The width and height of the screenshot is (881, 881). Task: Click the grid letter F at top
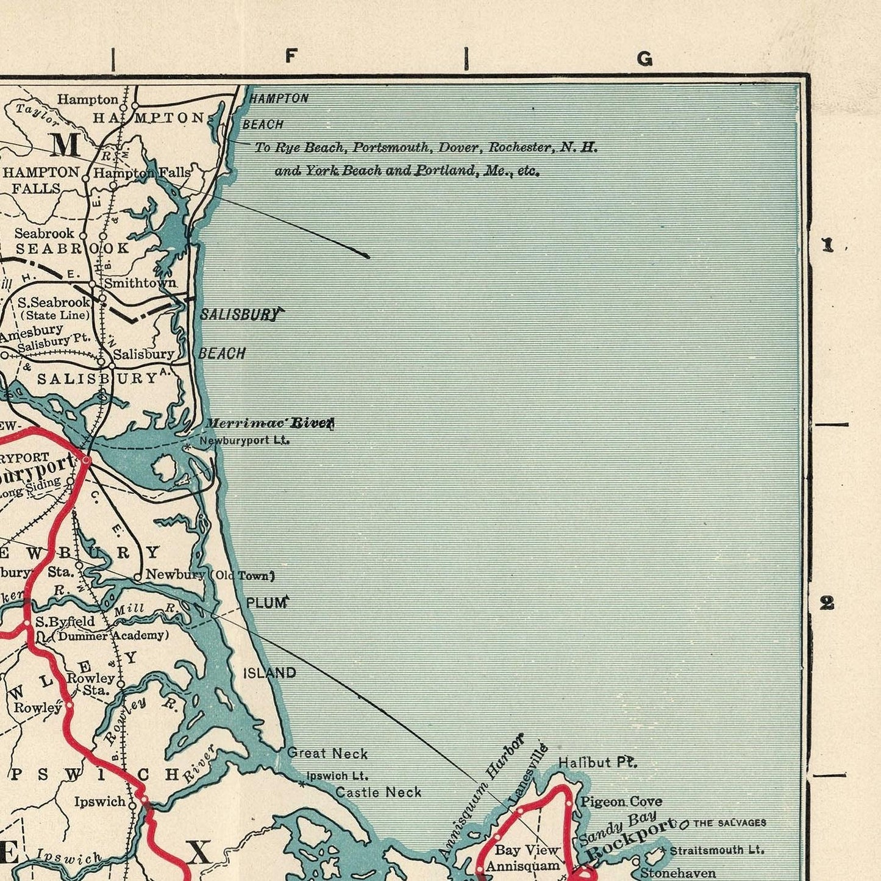(x=291, y=56)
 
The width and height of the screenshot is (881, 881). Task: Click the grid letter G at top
(x=644, y=59)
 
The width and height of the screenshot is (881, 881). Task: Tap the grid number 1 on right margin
(x=827, y=246)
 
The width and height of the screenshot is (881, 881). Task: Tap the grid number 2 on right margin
(x=827, y=604)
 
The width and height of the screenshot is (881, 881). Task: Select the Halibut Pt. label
(x=597, y=762)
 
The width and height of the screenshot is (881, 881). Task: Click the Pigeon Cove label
(x=621, y=802)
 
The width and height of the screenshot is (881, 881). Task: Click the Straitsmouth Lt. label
(x=716, y=850)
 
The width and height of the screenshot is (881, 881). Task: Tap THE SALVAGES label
(x=729, y=823)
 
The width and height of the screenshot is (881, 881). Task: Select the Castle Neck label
(x=379, y=792)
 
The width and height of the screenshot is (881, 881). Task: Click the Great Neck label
(x=327, y=754)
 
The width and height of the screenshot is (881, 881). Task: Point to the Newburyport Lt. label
(x=244, y=440)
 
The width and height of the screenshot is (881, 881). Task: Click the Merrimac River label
(x=269, y=423)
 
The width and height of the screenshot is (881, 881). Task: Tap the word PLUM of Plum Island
(x=266, y=603)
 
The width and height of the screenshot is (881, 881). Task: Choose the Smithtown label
(x=140, y=283)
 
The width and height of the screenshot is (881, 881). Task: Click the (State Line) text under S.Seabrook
(x=55, y=315)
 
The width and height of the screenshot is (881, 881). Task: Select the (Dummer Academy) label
(x=110, y=635)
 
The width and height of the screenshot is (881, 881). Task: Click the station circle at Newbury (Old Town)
(x=138, y=576)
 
